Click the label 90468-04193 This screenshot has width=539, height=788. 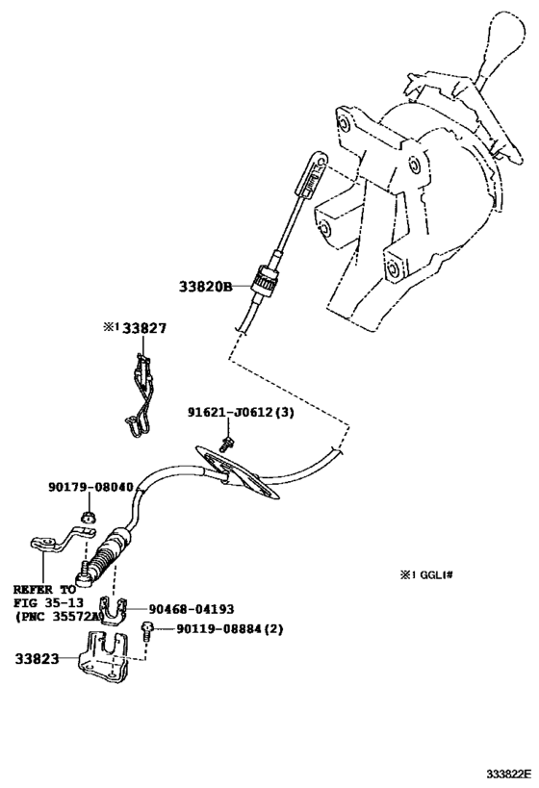coord(192,608)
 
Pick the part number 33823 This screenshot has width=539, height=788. coord(37,660)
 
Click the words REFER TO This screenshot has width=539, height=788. coord(43,589)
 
